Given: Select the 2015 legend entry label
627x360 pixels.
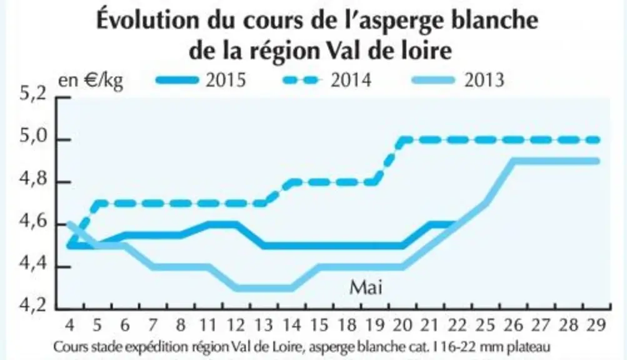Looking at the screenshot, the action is [x=226, y=81].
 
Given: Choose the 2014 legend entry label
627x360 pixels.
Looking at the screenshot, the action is [x=351, y=81].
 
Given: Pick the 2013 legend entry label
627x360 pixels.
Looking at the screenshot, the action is [x=484, y=81].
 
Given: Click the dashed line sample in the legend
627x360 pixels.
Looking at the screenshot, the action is [x=303, y=81].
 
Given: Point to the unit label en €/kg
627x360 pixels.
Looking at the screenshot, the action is [x=91, y=81].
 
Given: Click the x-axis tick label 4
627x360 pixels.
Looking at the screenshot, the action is [x=69, y=325].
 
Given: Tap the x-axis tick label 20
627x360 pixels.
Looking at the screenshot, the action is [x=403, y=325].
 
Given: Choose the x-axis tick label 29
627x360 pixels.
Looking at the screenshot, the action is [x=596, y=325].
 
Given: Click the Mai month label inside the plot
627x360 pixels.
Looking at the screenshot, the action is [x=366, y=287].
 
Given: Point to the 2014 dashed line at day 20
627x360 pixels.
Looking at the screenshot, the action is [x=403, y=141].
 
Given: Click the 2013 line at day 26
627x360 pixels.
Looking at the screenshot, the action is [x=513, y=161].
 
